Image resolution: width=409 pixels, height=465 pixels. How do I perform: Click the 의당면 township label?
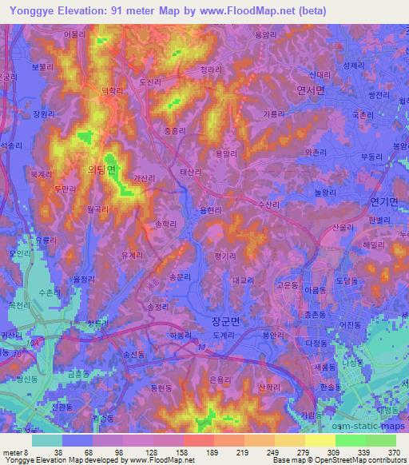coord(101,169)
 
